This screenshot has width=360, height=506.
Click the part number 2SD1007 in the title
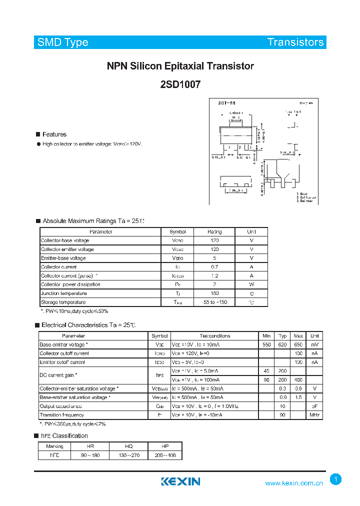pyautogui.click(x=180, y=85)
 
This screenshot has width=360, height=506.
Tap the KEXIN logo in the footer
pyautogui.click(x=180, y=481)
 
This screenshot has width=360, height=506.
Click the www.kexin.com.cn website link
pyautogui.click(x=294, y=483)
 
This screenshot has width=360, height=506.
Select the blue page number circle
pyautogui.click(x=336, y=479)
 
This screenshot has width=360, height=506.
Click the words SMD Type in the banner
pyautogui.click(x=63, y=42)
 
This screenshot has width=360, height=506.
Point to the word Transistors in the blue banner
pyautogui.click(x=295, y=42)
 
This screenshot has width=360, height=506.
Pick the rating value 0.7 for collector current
pyautogui.click(x=214, y=267)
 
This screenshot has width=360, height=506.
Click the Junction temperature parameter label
pyautogui.click(x=63, y=293)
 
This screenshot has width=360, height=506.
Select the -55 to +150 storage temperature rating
pyautogui.click(x=214, y=302)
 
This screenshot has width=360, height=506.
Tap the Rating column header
pyautogui.click(x=214, y=232)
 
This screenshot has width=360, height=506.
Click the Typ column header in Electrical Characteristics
pyautogui.click(x=282, y=336)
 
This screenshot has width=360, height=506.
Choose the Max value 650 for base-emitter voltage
pyautogui.click(x=298, y=345)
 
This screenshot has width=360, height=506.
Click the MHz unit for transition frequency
pyautogui.click(x=314, y=415)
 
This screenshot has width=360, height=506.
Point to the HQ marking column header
pyautogui.click(x=128, y=446)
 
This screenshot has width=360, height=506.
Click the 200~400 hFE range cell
pyautogui.click(x=165, y=455)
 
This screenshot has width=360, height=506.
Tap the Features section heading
pyautogui.click(x=54, y=134)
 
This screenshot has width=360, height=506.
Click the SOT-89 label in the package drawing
pyautogui.click(x=226, y=103)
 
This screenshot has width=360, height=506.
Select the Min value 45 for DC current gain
pyautogui.click(x=266, y=371)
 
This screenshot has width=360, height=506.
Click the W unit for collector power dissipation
pyautogui.click(x=251, y=284)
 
